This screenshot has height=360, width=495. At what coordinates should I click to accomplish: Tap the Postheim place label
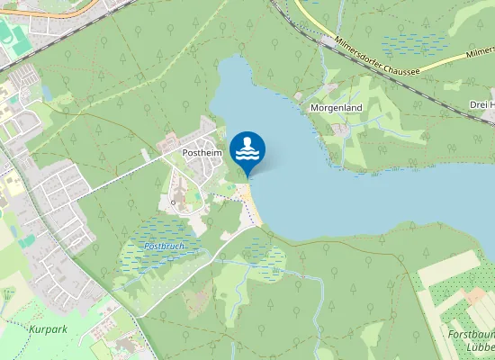202,153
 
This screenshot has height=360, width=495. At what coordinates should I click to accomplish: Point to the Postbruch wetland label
163,246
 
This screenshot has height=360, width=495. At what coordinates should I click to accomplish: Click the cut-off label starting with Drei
481,104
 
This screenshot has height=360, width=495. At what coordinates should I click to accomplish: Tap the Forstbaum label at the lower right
470,334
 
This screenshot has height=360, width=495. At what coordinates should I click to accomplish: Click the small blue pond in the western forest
46,93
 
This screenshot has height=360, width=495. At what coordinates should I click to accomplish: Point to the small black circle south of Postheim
173,203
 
